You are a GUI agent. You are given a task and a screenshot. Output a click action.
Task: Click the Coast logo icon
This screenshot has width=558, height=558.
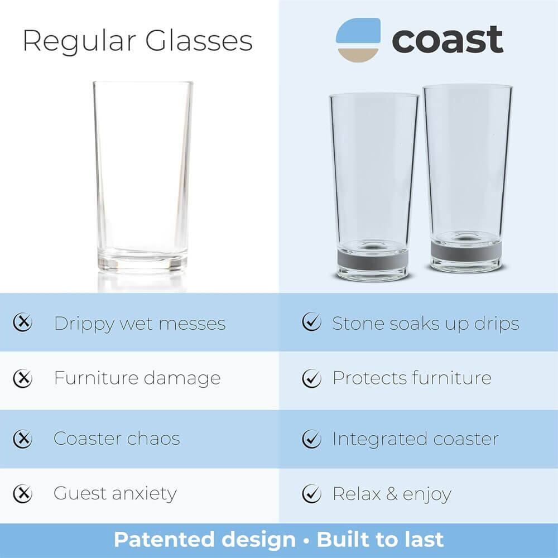tap(358, 39)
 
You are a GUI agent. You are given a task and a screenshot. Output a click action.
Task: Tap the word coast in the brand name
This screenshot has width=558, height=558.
tap(447, 40)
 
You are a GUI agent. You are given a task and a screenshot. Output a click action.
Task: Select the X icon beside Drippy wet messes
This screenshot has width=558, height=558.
tap(23, 323)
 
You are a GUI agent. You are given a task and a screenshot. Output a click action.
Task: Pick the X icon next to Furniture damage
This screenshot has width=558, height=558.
tap(23, 378)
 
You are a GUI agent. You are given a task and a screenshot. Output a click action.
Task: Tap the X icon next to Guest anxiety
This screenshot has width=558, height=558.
tap(23, 493)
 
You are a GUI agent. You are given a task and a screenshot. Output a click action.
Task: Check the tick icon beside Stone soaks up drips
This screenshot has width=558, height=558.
tap(311, 323)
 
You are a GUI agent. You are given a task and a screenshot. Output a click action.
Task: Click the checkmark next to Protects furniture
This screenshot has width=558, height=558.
tap(311, 378)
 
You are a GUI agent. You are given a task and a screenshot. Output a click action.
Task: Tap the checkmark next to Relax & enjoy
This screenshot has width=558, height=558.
tap(311, 493)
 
